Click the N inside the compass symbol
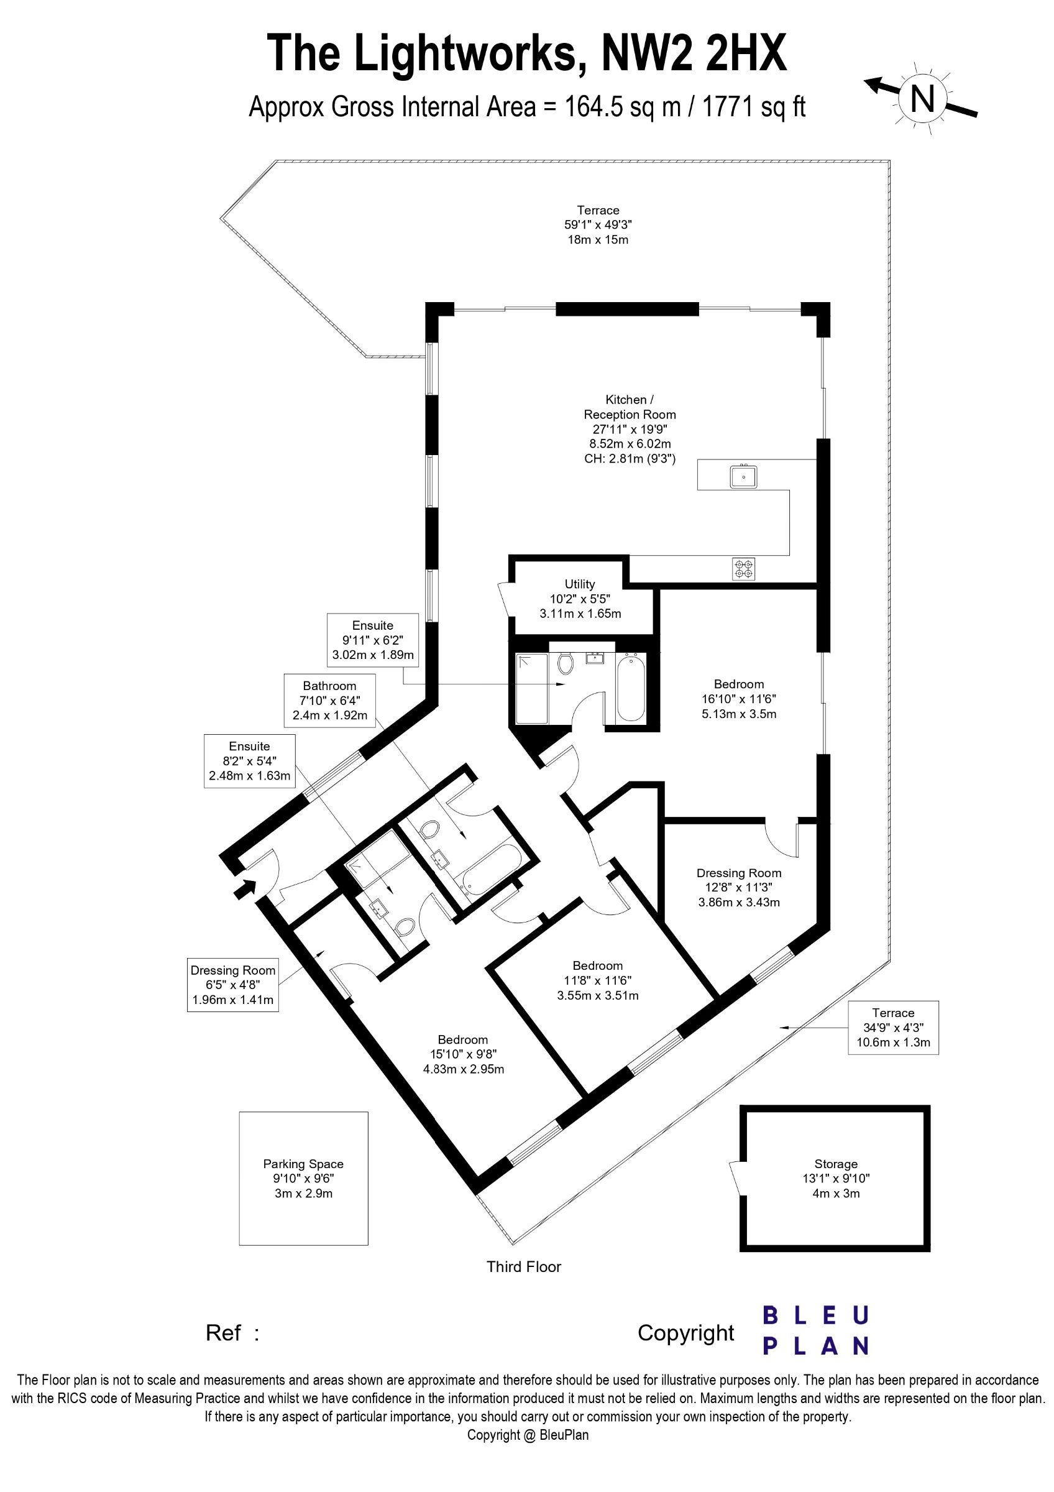point(922,98)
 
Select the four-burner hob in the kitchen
point(745,569)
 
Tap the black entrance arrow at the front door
point(245,888)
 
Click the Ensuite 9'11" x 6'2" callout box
point(373,640)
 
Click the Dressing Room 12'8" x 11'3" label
point(739,887)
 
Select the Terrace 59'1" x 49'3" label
point(598,225)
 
